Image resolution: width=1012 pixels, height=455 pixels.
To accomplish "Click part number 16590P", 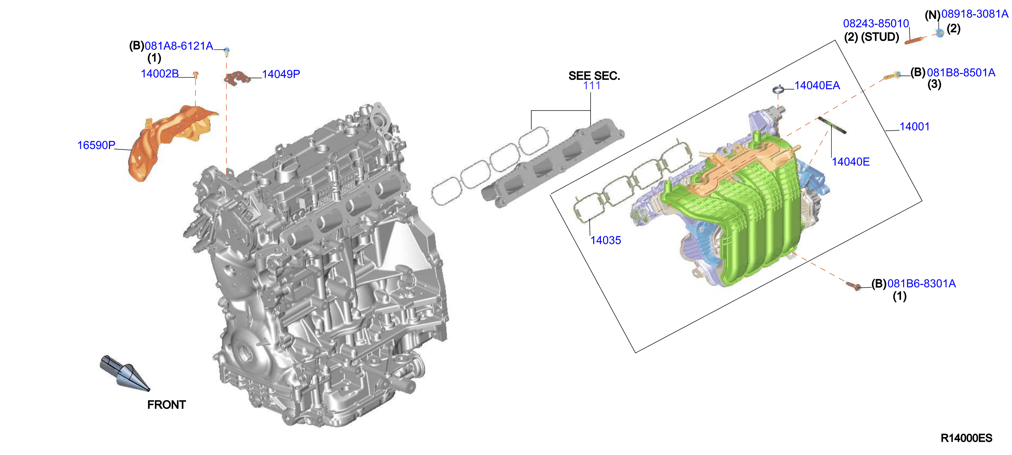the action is [x=96, y=145].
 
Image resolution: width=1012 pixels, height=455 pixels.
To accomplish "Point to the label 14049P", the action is [x=281, y=74].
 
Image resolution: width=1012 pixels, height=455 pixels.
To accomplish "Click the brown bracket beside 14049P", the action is [x=237, y=78].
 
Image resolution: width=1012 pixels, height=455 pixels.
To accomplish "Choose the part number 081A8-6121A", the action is [x=179, y=46].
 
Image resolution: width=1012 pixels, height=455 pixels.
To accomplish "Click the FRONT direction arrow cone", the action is [x=125, y=373].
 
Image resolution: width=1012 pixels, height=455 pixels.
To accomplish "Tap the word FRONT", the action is [x=166, y=405].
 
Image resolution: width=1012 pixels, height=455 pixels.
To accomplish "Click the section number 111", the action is [x=592, y=86].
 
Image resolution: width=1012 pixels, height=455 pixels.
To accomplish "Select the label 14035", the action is [x=606, y=240].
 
